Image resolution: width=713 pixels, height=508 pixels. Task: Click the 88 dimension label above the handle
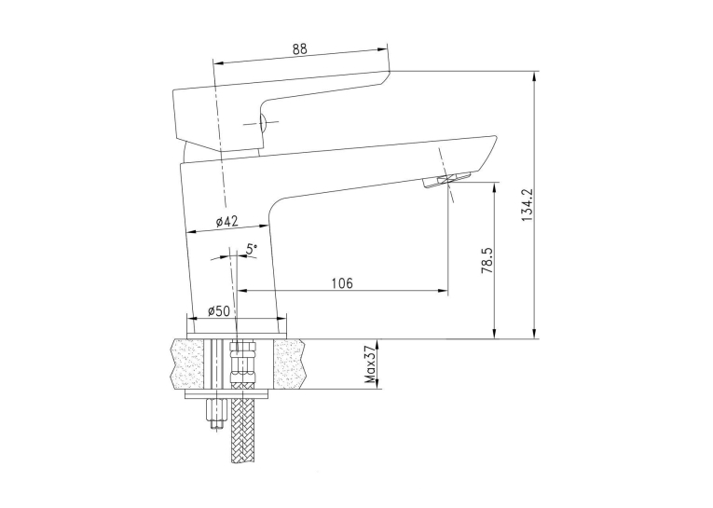pyautogui.click(x=300, y=48)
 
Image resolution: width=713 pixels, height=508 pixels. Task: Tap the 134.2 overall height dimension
pyautogui.click(x=526, y=205)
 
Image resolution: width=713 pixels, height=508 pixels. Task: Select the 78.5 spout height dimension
pyautogui.click(x=487, y=260)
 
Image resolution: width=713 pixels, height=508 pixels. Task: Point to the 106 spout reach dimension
pyautogui.click(x=342, y=283)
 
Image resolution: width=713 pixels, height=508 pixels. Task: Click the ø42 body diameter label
pyautogui.click(x=226, y=222)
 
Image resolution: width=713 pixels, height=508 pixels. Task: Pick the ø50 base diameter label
pyautogui.click(x=219, y=311)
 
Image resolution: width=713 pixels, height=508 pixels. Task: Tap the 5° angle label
pyautogui.click(x=252, y=249)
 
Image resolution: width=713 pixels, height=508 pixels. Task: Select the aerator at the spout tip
pyautogui.click(x=447, y=180)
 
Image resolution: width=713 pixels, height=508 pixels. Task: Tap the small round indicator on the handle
pyautogui.click(x=263, y=123)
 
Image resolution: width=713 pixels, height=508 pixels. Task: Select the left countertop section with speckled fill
pyautogui.click(x=187, y=364)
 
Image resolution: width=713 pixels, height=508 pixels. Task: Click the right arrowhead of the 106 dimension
pyautogui.click(x=443, y=290)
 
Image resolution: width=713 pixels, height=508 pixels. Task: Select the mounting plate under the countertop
pyautogui.click(x=227, y=394)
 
